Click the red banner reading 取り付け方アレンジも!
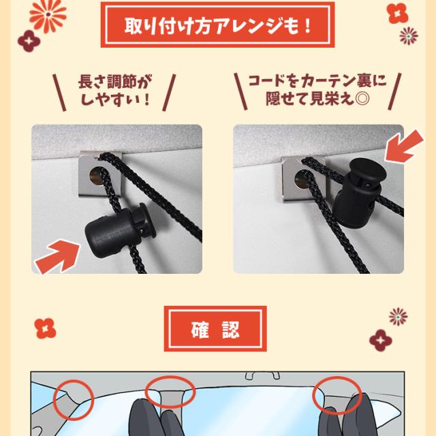pos(217,25)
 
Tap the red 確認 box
pos(215,328)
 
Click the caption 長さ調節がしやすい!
pos(114,90)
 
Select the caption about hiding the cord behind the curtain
pos(317,89)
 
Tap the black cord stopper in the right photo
pos(361,193)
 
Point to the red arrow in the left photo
pos(58,256)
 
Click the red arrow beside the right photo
pos(405,146)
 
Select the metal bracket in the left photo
pos(100,174)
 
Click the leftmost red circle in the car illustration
pos(74,400)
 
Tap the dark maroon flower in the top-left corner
pos(29,41)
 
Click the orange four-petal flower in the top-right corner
pos(398,13)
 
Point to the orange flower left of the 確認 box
pos(45,328)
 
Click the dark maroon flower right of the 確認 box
pos(381,341)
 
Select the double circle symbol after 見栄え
pos(362,98)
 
